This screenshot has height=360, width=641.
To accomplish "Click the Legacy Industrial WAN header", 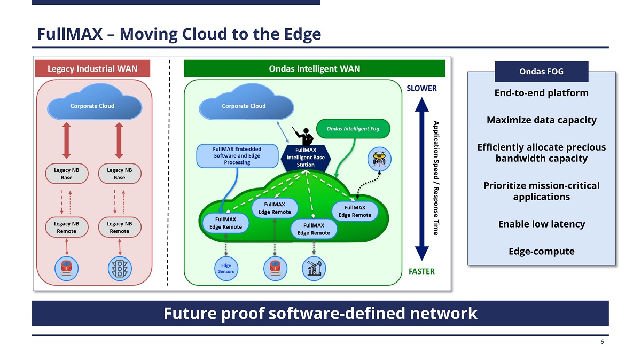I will [92, 68].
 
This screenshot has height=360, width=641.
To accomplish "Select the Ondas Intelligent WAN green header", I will [314, 68].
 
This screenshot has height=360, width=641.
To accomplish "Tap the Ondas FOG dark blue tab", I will [541, 72].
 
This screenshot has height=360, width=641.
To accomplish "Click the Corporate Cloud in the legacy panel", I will [92, 106].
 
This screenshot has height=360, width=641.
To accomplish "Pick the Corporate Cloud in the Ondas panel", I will [244, 106].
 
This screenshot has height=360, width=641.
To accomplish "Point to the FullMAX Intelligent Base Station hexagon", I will [306, 158].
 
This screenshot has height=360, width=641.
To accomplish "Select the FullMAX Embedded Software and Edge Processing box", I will [238, 155].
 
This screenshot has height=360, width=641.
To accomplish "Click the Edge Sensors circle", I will [226, 268].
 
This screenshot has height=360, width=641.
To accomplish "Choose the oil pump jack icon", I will [314, 269].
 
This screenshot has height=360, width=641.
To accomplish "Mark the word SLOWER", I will [421, 88].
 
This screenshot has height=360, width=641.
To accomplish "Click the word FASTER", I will [421, 271].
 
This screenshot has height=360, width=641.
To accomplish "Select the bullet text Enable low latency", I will [541, 224].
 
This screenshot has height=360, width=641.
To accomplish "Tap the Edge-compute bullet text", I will [541, 251].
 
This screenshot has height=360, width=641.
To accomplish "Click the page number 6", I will [602, 342].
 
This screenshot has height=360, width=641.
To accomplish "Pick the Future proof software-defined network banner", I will [320, 313].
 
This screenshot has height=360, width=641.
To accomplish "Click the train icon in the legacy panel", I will [66, 268].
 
